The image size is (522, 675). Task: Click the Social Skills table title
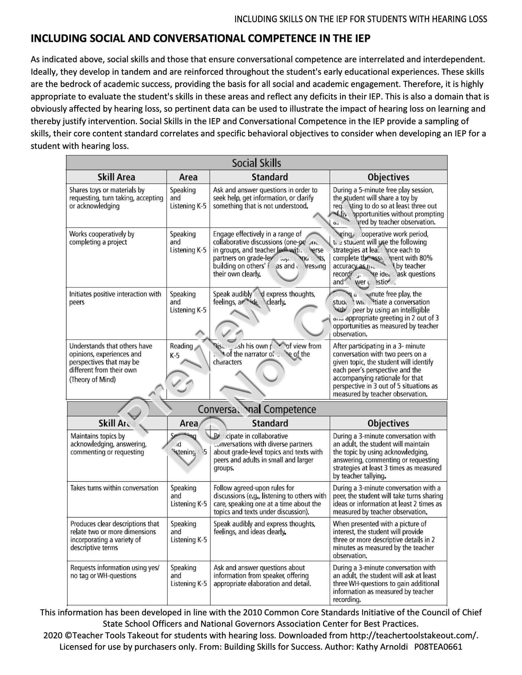(x=256, y=163)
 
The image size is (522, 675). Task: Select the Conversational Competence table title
(x=257, y=409)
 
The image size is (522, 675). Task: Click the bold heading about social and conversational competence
(x=200, y=39)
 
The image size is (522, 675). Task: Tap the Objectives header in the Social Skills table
(x=388, y=177)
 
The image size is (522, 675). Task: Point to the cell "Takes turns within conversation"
(x=114, y=488)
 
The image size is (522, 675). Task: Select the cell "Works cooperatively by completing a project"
(x=102, y=238)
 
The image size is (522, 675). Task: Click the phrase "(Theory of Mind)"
(x=92, y=380)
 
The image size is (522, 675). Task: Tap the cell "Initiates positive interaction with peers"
(x=115, y=298)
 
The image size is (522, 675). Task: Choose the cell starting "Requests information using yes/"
(x=115, y=572)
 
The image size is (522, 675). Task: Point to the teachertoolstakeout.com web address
(x=414, y=636)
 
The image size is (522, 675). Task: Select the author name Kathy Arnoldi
(x=382, y=647)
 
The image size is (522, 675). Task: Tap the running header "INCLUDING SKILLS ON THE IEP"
(x=361, y=19)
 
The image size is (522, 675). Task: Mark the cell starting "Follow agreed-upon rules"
(x=270, y=500)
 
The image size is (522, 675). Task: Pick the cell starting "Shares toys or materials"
(x=116, y=198)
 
